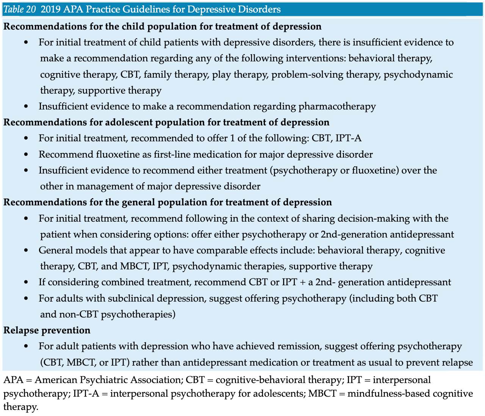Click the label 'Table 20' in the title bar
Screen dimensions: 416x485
coord(20,9)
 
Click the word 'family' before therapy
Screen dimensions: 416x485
coord(158,75)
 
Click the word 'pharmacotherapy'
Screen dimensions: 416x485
coord(337,106)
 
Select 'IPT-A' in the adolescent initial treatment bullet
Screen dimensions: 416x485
coord(348,138)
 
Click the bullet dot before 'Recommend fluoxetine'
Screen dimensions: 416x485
coord(26,155)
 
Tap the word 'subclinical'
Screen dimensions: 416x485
coord(131,299)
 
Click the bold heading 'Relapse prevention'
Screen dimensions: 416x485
coord(47,330)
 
